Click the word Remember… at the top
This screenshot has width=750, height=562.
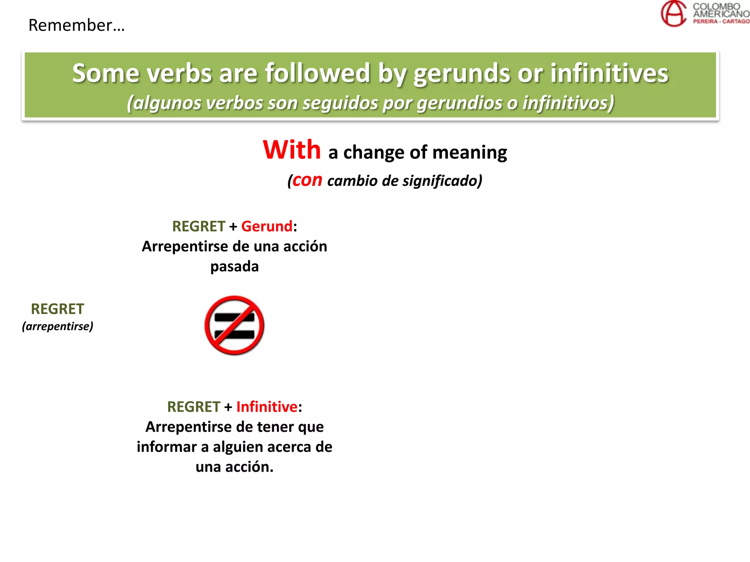[77, 26]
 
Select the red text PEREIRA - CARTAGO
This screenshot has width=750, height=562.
[721, 22]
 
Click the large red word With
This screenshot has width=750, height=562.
[292, 150]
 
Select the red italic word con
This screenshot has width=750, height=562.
[307, 180]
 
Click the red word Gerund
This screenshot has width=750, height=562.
[267, 226]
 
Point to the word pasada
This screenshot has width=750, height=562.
[234, 266]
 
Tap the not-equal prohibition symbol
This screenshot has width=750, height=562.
[234, 325]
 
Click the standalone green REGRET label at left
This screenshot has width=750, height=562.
[57, 309]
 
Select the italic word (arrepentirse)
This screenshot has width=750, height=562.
[57, 326]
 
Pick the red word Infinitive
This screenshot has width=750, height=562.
[267, 407]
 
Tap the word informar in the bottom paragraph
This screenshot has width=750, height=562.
[167, 447]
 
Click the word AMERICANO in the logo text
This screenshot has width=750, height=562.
[721, 14]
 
